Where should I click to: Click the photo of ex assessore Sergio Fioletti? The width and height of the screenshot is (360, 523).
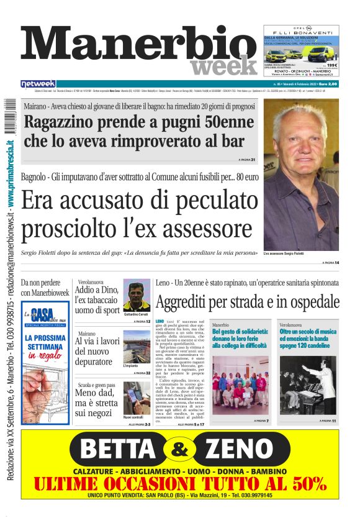(300, 175)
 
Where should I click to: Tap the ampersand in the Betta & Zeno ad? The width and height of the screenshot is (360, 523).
(179, 448)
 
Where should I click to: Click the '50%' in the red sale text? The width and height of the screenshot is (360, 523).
(305, 483)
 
